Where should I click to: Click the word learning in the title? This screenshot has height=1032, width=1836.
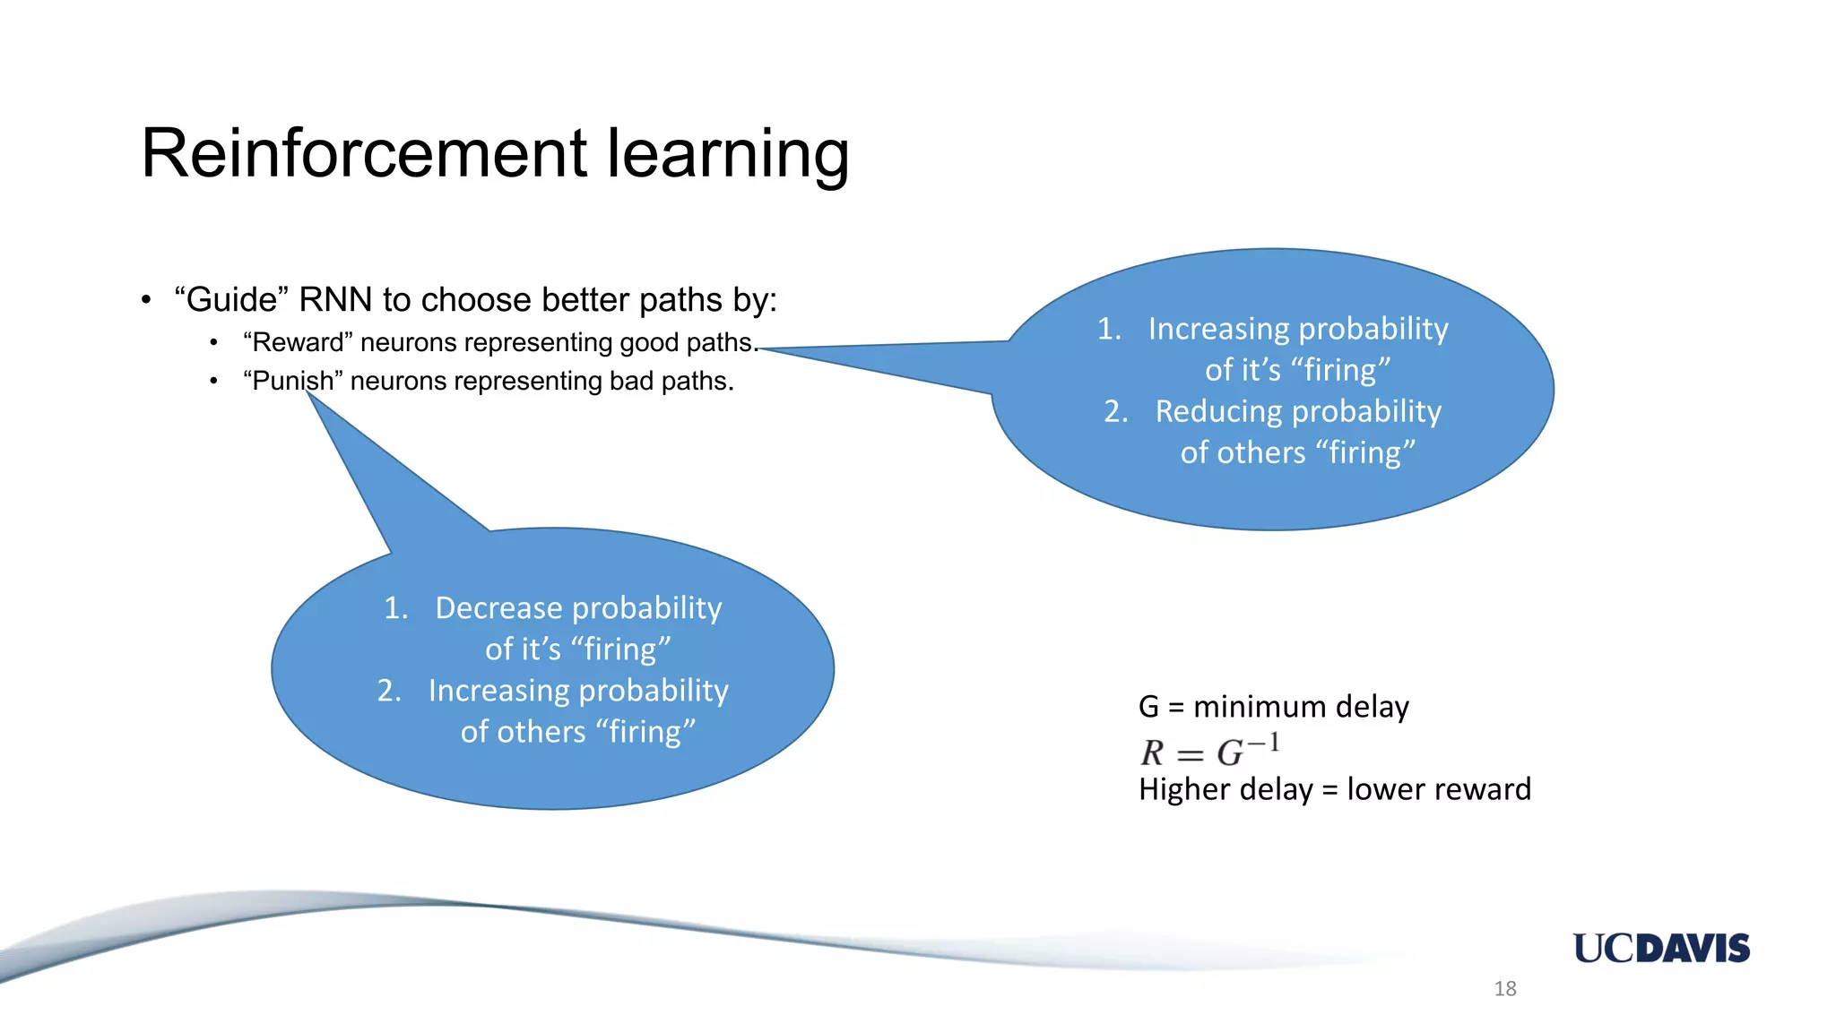pos(727,155)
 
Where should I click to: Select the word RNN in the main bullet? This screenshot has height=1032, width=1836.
pos(335,300)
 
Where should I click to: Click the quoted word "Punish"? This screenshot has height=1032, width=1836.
pos(292,382)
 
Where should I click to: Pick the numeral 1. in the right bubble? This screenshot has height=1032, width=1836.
pos(1109,329)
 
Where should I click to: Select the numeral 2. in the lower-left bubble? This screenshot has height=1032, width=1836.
pos(389,691)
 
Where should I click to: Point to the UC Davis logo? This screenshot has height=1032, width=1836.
pos(1660,948)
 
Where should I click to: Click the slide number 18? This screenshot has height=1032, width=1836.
pos(1505,989)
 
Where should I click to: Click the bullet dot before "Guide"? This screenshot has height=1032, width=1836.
pos(146,301)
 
